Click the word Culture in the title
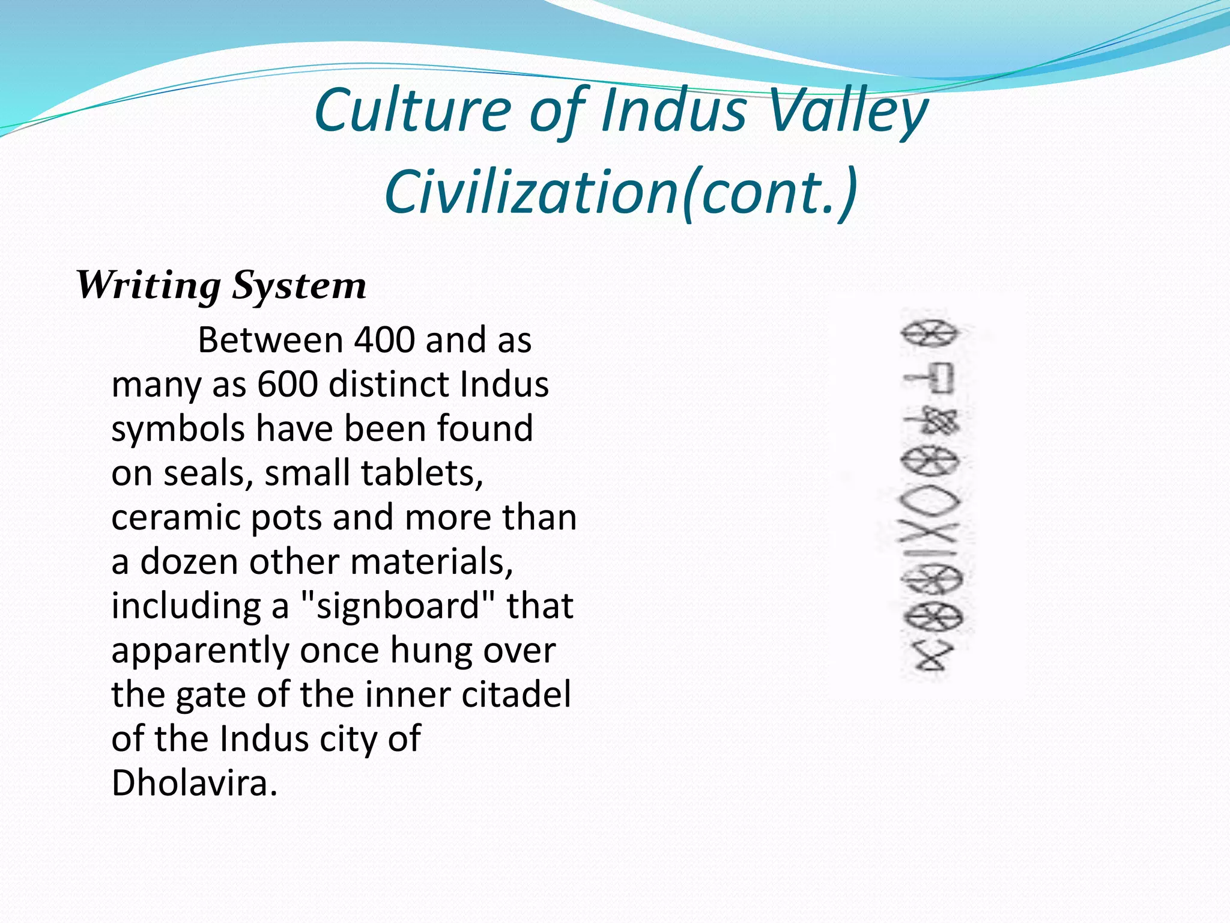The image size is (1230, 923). tap(413, 110)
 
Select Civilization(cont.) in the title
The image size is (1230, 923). tap(621, 191)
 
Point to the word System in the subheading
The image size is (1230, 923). tap(299, 285)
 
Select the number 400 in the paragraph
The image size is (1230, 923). tap(384, 340)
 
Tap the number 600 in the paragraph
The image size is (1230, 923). tap(287, 385)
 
